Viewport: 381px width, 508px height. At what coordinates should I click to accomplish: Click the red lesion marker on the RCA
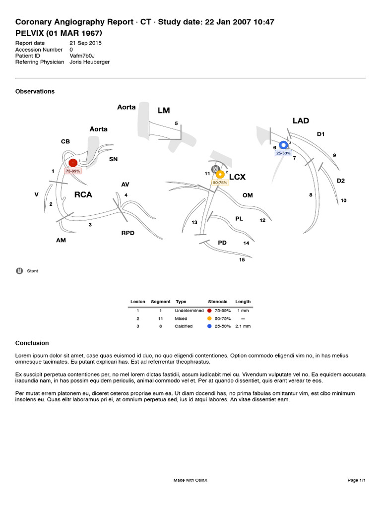[73, 162]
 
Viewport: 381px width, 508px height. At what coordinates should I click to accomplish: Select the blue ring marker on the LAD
[283, 145]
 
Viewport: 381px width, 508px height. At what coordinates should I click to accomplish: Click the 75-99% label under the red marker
[73, 171]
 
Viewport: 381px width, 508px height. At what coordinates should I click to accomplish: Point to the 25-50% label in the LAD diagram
[283, 153]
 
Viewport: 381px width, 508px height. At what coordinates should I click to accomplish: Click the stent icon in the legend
[19, 271]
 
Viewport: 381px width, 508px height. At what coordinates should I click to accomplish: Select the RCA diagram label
[83, 194]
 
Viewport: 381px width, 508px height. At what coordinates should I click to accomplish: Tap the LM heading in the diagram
[164, 110]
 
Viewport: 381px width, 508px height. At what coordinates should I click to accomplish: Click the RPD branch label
[128, 233]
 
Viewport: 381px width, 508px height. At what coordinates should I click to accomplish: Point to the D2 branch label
[340, 181]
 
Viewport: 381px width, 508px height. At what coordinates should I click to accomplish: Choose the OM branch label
[248, 195]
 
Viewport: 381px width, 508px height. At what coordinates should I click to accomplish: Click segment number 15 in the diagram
[242, 259]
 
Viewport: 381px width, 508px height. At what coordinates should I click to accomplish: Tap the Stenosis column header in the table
[218, 302]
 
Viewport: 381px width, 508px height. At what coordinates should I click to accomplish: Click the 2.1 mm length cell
[243, 326]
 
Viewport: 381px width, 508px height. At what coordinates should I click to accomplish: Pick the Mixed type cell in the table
[181, 318]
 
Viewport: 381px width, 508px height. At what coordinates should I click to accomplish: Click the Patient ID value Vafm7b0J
[82, 56]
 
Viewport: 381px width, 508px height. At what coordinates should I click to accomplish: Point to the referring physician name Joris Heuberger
[90, 62]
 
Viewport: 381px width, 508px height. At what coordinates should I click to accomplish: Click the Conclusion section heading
[32, 343]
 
